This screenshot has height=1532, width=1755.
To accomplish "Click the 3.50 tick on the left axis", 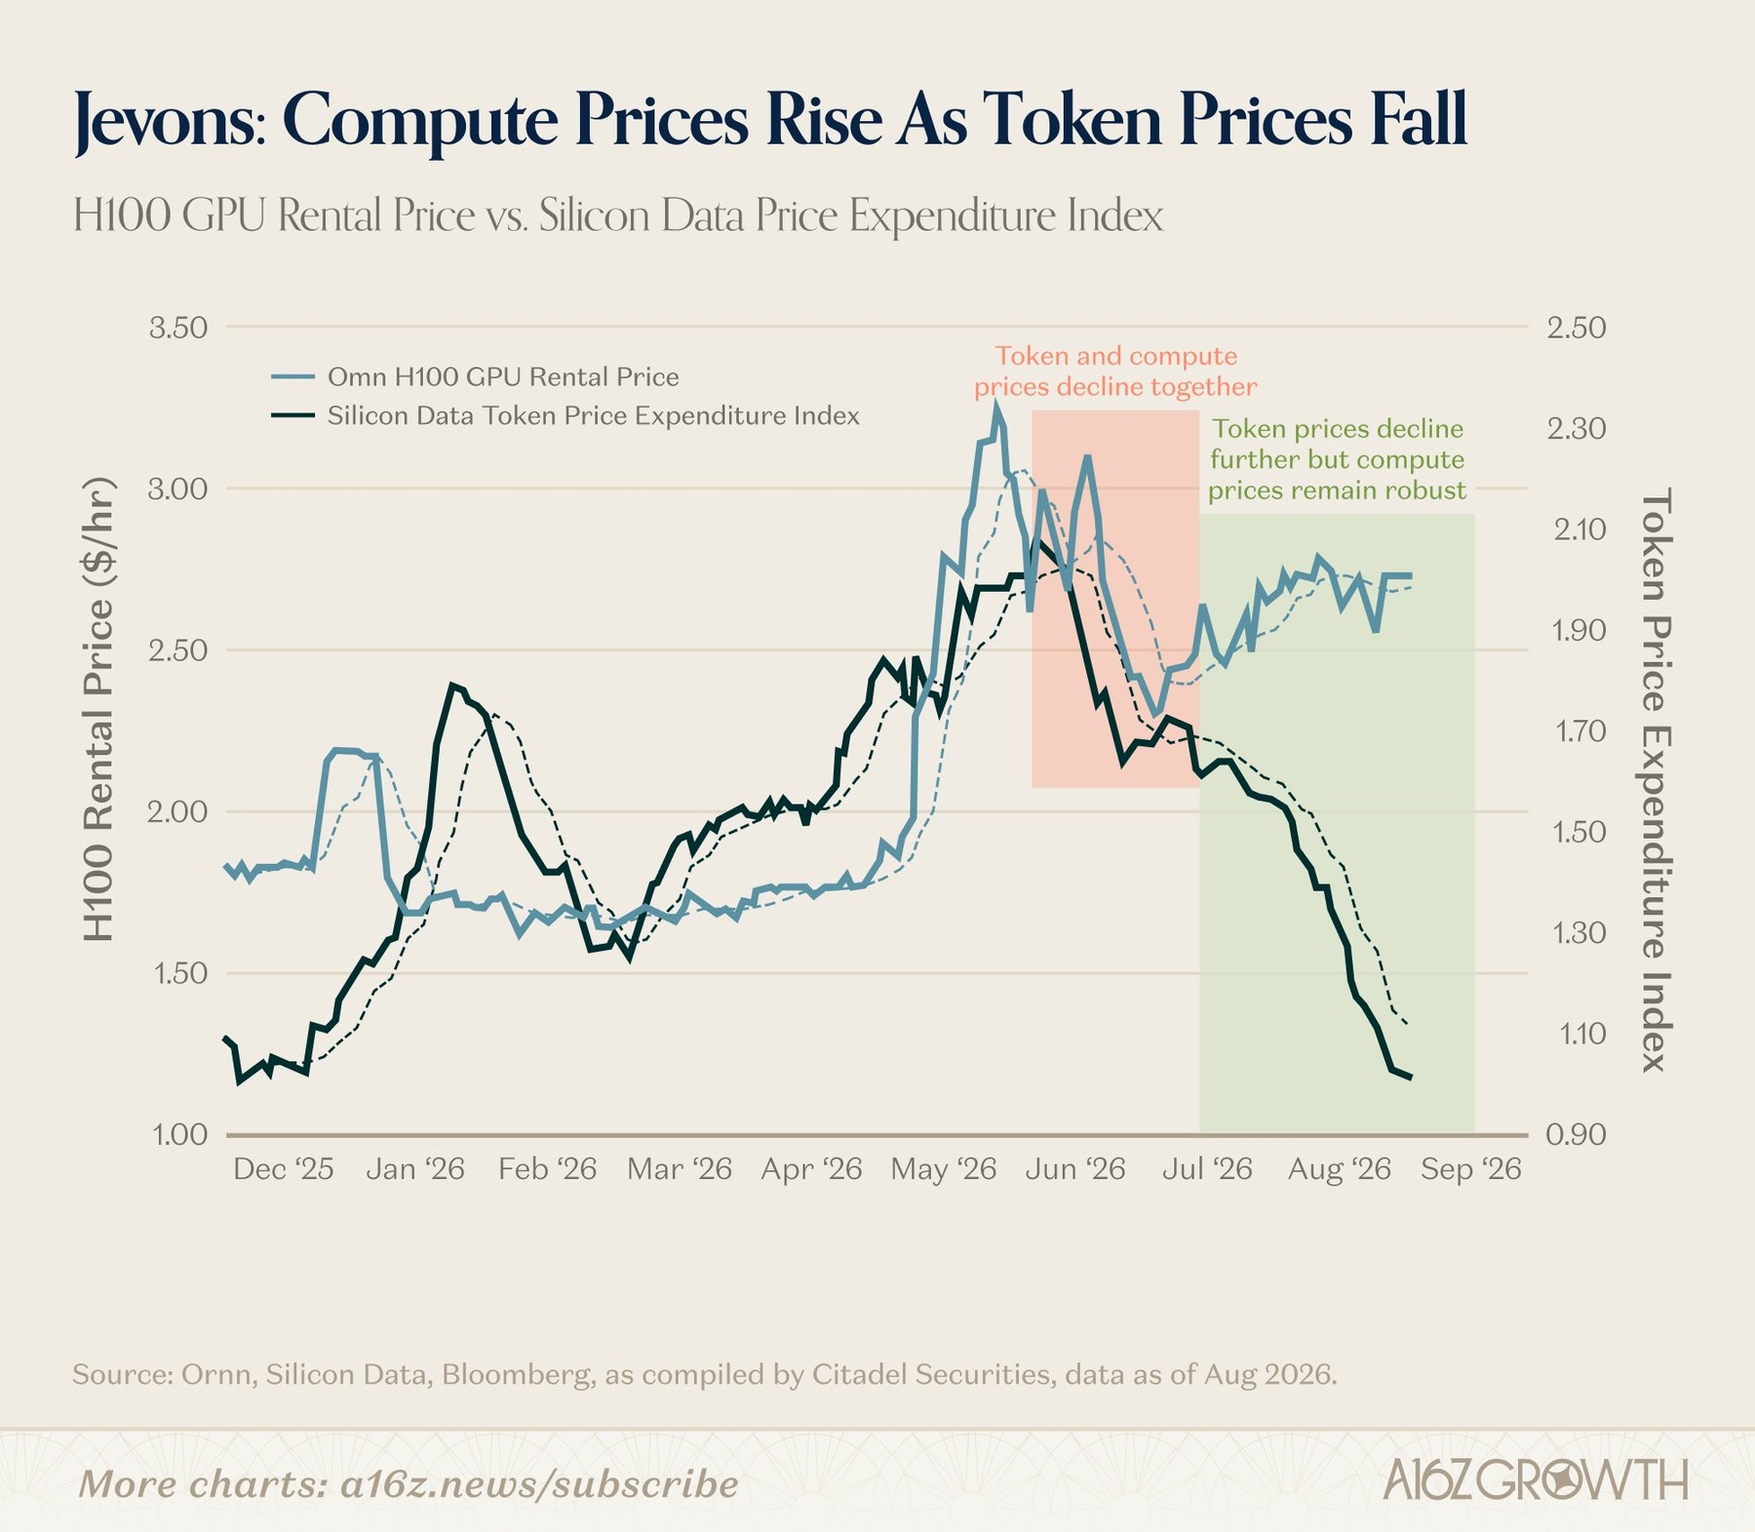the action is coord(178,328).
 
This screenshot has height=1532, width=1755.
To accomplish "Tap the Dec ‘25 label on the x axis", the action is coord(284,1168).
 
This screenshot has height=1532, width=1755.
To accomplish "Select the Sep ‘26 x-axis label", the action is coord(1471,1168).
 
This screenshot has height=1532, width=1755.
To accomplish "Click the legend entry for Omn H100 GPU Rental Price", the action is coord(503,376).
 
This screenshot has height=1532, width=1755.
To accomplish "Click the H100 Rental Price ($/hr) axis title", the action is coord(98,709).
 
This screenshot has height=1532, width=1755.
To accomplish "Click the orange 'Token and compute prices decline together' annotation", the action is coord(1115,372).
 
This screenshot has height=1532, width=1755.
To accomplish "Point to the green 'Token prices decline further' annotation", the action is coord(1337,459).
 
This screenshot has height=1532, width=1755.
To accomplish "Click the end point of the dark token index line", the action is coord(1411,1078).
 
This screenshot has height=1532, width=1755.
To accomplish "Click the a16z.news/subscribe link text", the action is coord(539,1484).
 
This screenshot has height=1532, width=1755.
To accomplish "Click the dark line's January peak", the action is coord(452,686).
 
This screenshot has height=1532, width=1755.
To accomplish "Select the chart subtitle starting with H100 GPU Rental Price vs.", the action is coord(618,216).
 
